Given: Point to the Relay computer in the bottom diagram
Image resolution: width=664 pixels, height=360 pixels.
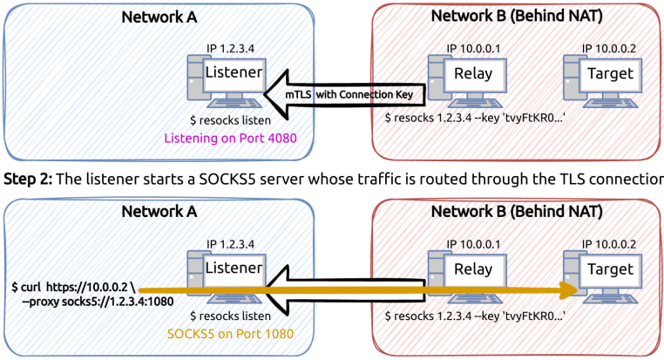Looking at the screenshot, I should [x=463, y=275].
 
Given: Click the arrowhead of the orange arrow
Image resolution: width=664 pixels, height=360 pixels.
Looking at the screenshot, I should [x=570, y=290].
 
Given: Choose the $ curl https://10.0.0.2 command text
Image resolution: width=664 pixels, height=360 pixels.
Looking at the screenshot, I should [x=69, y=285].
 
